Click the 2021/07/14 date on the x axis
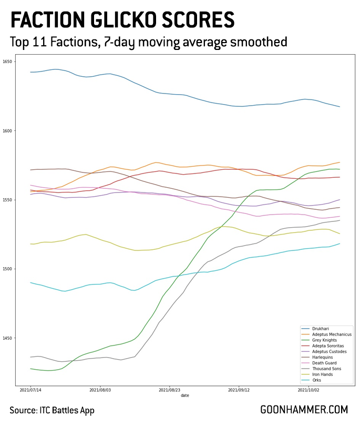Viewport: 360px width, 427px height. tap(30, 390)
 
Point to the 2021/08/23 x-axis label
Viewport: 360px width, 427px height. tap(170, 390)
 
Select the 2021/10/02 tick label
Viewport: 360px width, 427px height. tap(309, 390)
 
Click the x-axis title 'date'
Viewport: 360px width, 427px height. tap(185, 395)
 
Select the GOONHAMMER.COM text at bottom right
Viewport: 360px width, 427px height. tap(304, 410)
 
